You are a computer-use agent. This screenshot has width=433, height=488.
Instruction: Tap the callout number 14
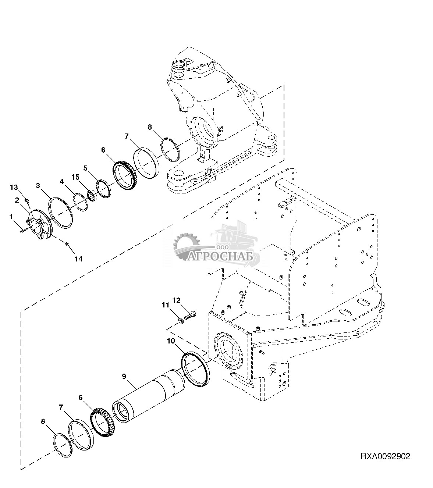pos(79,259)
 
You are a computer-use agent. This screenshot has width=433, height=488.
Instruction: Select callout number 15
pos(75,177)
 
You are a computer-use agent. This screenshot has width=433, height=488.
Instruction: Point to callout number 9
pos(124,376)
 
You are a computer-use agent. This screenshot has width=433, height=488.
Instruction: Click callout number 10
pos(171,341)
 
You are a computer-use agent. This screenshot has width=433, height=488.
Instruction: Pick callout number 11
pos(166,305)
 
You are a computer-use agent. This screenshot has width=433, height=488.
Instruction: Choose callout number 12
pos(176,300)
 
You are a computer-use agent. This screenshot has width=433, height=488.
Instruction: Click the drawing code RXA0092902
pos(385,456)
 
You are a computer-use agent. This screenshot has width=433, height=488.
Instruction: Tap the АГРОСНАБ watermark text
pos(220,257)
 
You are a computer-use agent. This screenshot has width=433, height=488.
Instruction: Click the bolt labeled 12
pos(190,316)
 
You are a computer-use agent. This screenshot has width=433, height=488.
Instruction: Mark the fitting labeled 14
pos(67,245)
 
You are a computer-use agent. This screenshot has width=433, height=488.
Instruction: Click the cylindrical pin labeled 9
pos(149,395)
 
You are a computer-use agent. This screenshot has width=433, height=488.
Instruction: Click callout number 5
pos(85,168)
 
